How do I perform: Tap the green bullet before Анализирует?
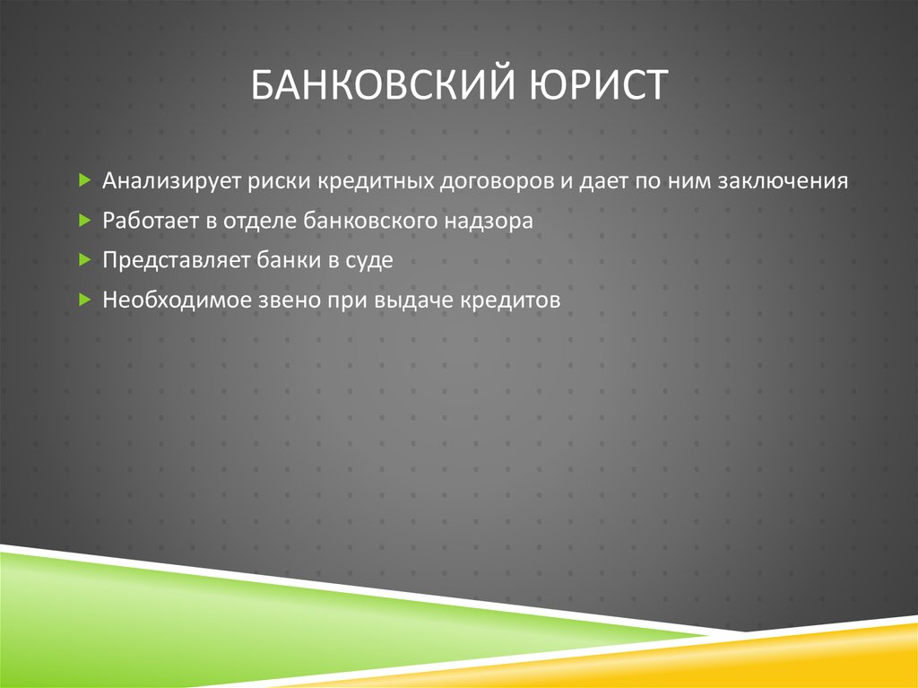[x=83, y=180]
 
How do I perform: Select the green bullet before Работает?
[x=83, y=220]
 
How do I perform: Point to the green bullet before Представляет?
[x=83, y=259]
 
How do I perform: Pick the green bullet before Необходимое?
[x=83, y=299]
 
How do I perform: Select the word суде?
[x=370, y=260]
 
